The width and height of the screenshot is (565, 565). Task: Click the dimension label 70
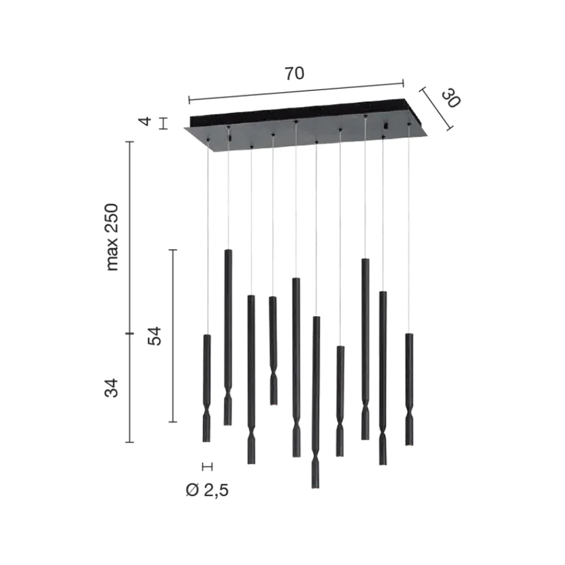(295, 73)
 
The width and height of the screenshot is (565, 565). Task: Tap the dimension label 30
(451, 99)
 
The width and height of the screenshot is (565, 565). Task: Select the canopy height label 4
(146, 121)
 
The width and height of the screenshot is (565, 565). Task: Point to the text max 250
(112, 237)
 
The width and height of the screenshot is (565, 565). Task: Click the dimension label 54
(155, 336)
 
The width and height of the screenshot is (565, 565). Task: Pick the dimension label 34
(111, 388)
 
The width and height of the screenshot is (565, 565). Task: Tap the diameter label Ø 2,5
(207, 490)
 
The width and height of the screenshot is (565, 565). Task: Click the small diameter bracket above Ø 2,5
(207, 467)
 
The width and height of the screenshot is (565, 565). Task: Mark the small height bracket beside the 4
(164, 124)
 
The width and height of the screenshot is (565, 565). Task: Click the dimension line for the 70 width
(296, 92)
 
